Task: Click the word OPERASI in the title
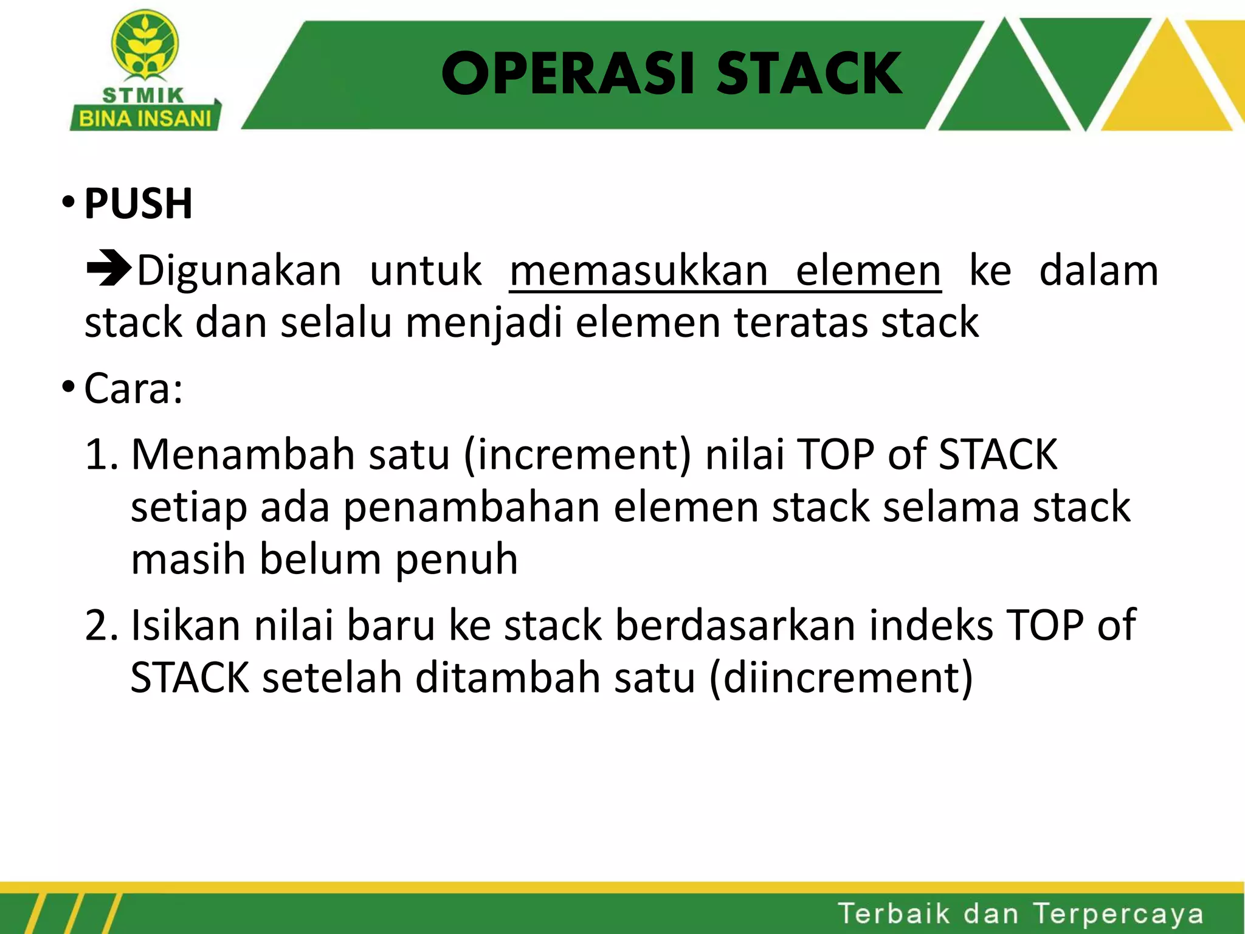coord(568,74)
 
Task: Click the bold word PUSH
coord(138,204)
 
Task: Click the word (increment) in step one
coord(578,455)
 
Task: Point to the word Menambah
coord(243,454)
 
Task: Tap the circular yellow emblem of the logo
coord(145,44)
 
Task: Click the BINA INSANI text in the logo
coord(145,118)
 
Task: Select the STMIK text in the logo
coord(143,95)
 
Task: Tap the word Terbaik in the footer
coord(894,914)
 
